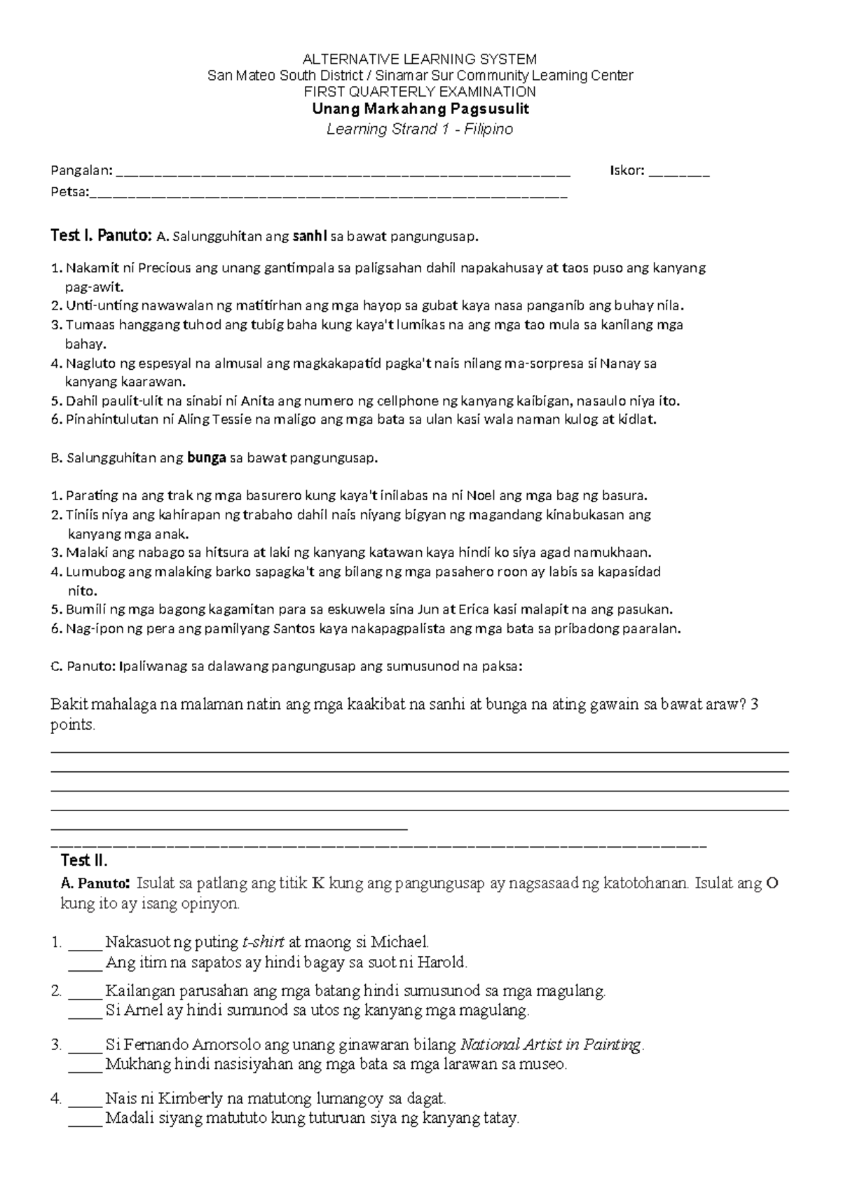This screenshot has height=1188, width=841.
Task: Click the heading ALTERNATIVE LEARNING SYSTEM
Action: (419, 59)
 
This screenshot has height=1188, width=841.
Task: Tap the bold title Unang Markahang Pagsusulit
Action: (420, 109)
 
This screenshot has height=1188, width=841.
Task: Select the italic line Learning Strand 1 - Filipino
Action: (420, 129)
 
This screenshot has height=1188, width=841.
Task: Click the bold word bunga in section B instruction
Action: (206, 458)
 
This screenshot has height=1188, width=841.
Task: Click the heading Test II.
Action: (84, 860)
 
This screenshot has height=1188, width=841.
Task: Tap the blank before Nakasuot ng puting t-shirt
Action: (85, 942)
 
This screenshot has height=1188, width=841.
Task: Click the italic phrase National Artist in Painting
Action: (551, 1045)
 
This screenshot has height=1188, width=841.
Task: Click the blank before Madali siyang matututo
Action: (85, 1118)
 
